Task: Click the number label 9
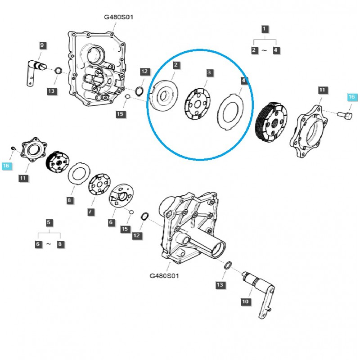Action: pos(42,45)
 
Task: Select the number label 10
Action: pos(245,301)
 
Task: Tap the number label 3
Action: pos(209,72)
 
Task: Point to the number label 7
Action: pos(90,211)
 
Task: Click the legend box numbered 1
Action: pos(265,29)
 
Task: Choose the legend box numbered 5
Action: pos(49,222)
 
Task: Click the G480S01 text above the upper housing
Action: pos(118,17)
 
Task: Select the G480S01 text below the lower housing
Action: pos(164,275)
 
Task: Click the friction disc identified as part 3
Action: pos(197,104)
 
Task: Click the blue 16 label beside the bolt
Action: pos(351,97)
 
